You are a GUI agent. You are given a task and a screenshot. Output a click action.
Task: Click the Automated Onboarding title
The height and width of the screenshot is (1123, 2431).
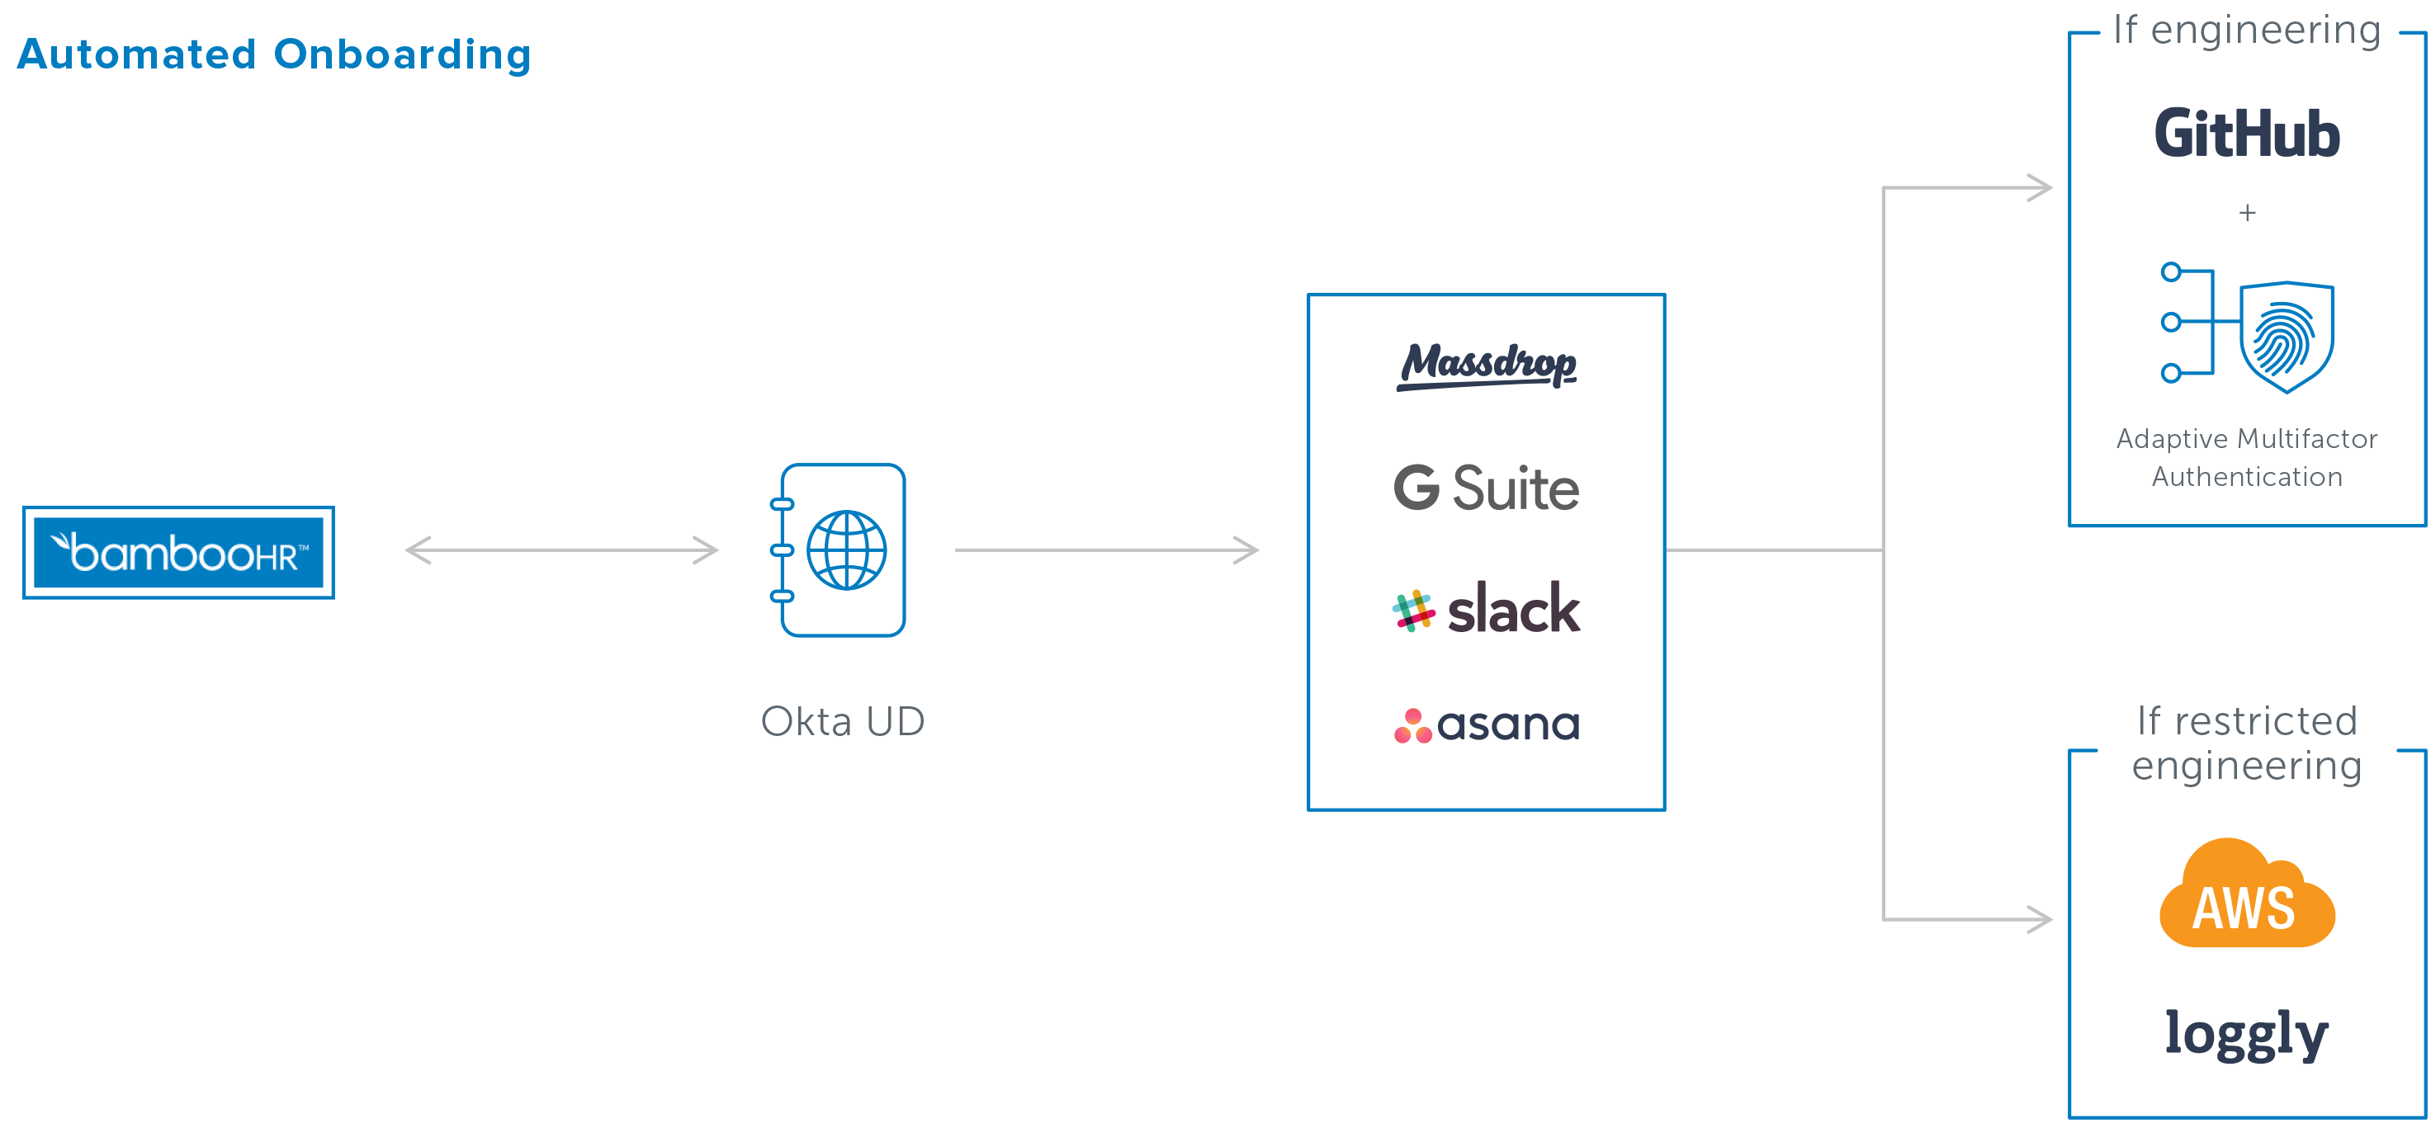[x=275, y=54]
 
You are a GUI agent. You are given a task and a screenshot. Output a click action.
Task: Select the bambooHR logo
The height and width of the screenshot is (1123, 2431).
[x=178, y=553]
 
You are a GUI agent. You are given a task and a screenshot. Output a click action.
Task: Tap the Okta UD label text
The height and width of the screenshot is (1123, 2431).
[x=843, y=722]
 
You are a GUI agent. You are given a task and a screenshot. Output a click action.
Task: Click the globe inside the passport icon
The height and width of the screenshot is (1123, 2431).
[x=846, y=550]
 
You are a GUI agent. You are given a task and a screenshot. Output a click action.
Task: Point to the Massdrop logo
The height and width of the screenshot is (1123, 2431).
[x=1487, y=366]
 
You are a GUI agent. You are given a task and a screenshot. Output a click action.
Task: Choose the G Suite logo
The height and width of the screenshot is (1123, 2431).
[x=1487, y=488]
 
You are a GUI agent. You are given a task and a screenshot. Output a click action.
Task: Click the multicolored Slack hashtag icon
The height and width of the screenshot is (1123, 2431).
[x=1412, y=611]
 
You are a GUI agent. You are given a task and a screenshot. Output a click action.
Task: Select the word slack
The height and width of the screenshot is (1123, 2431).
[x=1514, y=609]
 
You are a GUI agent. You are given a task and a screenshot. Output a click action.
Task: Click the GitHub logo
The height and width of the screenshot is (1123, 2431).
[x=2247, y=133]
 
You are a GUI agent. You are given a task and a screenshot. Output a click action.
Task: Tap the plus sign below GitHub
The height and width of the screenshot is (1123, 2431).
[x=2247, y=213]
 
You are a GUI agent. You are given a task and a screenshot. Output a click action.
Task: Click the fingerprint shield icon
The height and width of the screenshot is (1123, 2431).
[x=2286, y=336]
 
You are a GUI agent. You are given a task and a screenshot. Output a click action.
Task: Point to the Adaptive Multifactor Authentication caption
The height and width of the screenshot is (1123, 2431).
[x=2247, y=458]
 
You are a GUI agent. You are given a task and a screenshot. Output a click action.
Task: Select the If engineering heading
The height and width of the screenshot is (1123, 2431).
[x=2247, y=31]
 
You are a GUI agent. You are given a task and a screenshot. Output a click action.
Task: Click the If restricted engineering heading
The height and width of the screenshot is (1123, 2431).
[x=2247, y=743]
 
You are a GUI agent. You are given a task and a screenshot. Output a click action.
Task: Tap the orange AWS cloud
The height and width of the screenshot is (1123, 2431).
[x=2247, y=894]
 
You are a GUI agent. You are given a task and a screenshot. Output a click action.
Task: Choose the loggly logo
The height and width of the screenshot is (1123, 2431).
[x=2247, y=1036]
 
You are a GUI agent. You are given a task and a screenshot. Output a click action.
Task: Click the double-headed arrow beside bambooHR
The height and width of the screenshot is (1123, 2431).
[x=561, y=550]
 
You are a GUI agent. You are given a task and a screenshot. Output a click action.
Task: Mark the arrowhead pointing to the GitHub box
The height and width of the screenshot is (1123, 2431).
[x=2041, y=188]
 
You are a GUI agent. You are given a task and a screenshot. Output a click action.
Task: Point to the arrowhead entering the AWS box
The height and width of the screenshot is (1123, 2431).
[x=2041, y=919]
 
